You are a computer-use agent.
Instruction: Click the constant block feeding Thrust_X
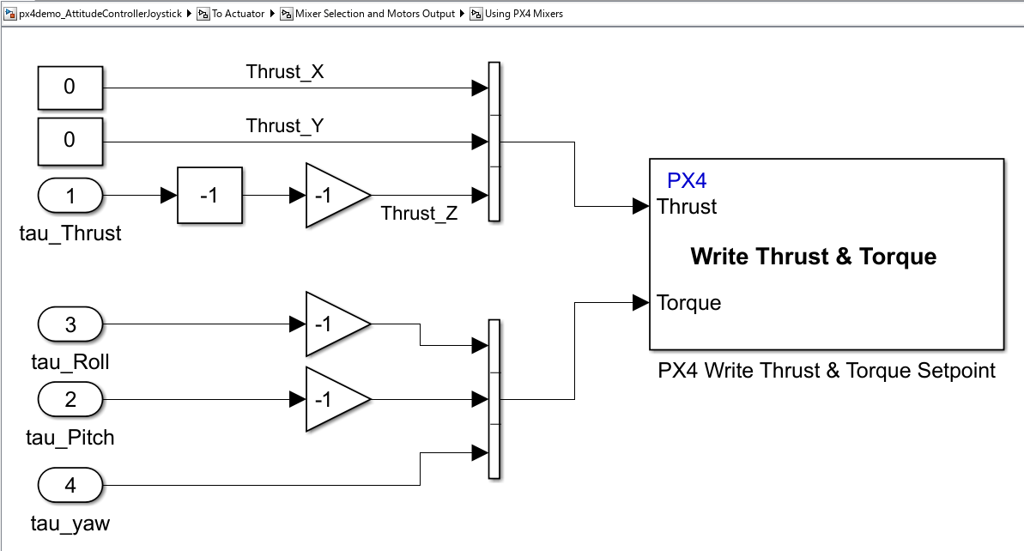pos(70,87)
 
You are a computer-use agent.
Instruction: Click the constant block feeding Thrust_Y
pos(70,140)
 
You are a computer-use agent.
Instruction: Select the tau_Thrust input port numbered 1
pos(70,196)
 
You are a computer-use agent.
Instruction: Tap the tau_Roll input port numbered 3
pos(70,324)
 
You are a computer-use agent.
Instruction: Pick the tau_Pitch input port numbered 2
pos(70,399)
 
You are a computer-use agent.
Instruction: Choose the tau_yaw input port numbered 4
pos(70,486)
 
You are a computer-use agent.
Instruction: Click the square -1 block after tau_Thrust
pos(209,196)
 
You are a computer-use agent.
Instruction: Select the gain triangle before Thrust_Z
pos(332,196)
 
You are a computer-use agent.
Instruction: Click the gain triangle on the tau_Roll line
pos(332,324)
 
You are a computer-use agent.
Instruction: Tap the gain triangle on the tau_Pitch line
pos(332,399)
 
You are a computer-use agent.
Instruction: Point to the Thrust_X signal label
pos(285,72)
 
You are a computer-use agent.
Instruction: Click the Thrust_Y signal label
pos(285,126)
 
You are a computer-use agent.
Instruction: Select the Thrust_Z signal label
pos(420,213)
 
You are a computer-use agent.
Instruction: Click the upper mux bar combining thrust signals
pos(494,142)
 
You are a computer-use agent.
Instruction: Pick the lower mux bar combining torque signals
pos(494,398)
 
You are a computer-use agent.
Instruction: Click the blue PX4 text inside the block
pos(687,181)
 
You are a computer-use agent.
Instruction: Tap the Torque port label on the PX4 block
pos(688,303)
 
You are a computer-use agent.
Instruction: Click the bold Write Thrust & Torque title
pos(813,257)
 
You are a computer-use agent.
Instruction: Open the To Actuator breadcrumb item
pos(238,14)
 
